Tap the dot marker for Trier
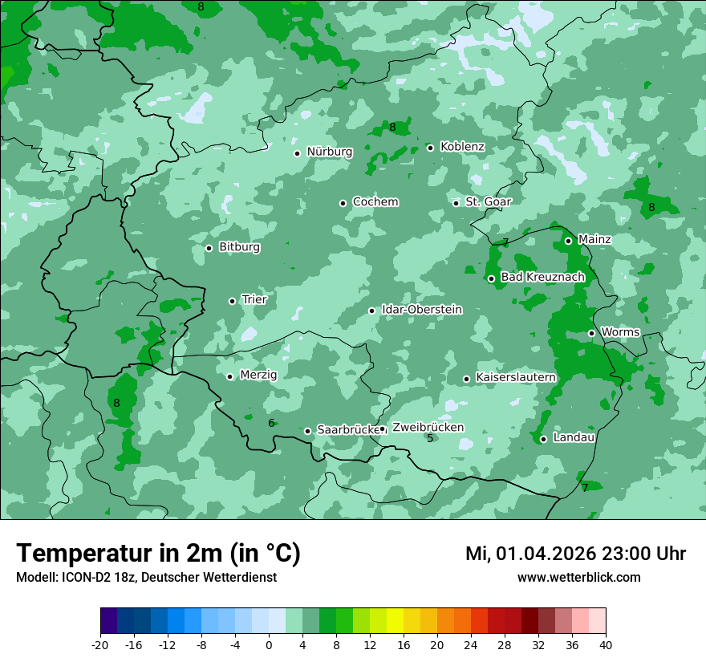[233, 301]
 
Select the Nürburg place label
[329, 152]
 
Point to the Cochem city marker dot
[343, 203]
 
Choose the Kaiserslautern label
[515, 377]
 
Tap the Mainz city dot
[568, 241]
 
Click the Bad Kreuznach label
[542, 277]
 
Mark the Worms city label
[620, 332]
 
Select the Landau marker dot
[543, 439]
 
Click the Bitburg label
[239, 247]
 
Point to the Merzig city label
[258, 375]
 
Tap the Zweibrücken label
[428, 428]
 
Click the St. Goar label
[488, 201]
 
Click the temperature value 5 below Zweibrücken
[430, 438]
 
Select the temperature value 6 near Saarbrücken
[271, 423]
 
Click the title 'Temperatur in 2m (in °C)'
[159, 554]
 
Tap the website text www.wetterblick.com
[578, 577]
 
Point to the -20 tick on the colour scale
[100, 645]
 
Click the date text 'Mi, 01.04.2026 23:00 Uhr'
[575, 554]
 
